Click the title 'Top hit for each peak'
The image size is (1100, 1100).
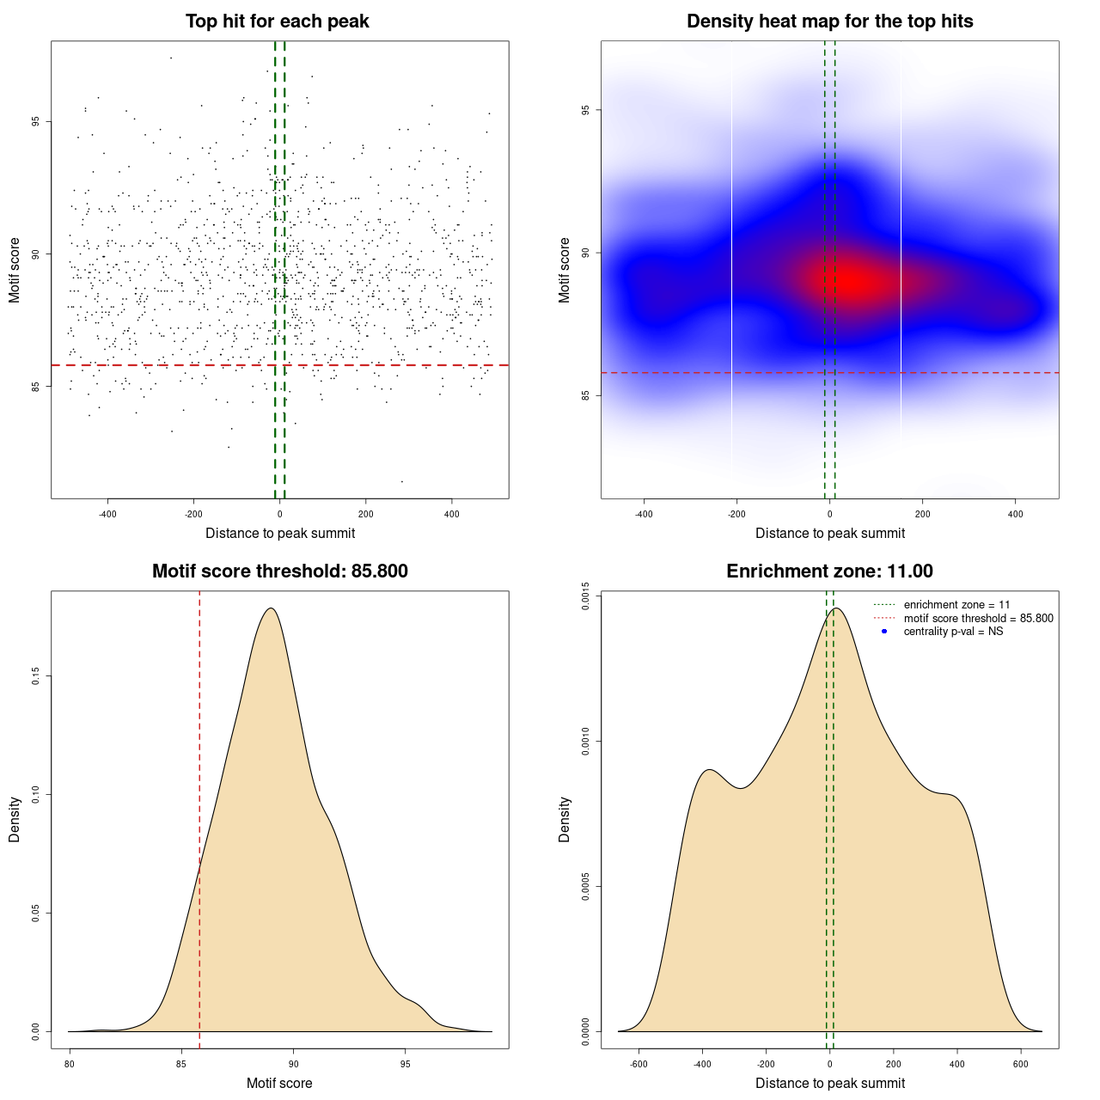click(278, 21)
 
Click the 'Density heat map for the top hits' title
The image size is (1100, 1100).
click(829, 21)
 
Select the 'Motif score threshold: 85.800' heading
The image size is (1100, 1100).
click(279, 571)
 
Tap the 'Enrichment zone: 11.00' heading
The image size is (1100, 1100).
click(829, 571)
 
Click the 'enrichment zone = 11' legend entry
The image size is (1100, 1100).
click(956, 605)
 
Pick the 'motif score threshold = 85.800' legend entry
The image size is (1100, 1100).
click(978, 619)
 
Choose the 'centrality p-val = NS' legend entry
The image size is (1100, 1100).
click(953, 632)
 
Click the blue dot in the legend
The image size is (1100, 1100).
click(884, 632)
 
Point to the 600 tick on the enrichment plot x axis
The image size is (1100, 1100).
click(1021, 1064)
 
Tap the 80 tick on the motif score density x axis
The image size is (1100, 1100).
click(70, 1064)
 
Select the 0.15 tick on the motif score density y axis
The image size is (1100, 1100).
click(35, 677)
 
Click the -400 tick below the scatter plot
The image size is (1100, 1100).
click(107, 514)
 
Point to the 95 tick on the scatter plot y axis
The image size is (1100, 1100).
click(35, 122)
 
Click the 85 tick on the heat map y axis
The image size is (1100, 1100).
click(585, 395)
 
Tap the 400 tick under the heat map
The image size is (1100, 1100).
click(1015, 514)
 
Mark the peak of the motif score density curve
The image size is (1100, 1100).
click(271, 608)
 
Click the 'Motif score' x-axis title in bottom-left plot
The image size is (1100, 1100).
click(279, 1083)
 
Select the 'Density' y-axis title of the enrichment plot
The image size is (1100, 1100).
click(565, 819)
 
